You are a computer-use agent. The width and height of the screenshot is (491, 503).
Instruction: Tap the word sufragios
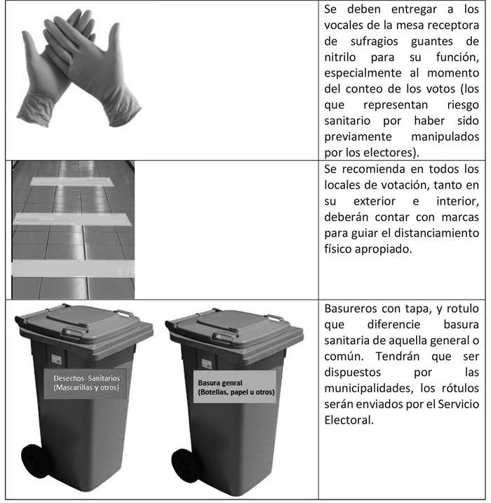click(375, 41)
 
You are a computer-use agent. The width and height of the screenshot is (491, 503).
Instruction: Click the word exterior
click(375, 201)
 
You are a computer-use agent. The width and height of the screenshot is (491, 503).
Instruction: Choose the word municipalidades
click(367, 388)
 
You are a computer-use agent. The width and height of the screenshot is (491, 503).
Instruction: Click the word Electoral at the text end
click(349, 420)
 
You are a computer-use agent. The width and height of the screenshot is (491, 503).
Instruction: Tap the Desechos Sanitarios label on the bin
click(86, 383)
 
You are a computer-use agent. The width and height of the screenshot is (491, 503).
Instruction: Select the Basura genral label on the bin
click(235, 387)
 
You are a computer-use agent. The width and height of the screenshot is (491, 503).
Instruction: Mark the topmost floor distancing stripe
click(72, 181)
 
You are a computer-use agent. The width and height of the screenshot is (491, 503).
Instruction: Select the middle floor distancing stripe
click(72, 219)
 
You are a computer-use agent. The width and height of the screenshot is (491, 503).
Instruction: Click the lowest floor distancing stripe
click(73, 268)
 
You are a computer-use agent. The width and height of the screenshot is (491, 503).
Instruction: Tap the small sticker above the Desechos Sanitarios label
click(56, 359)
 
